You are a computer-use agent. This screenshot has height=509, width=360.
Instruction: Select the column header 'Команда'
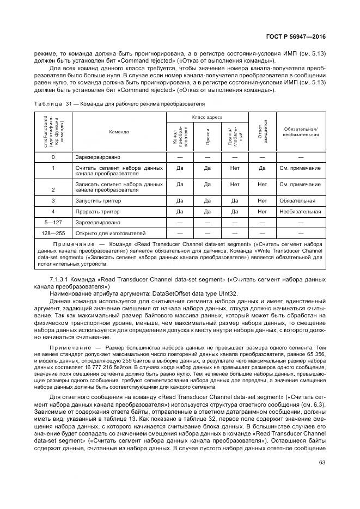tap(119, 131)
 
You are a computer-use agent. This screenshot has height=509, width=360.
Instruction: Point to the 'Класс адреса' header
tap(208, 118)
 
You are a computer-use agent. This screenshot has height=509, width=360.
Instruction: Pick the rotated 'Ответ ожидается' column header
tap(262, 131)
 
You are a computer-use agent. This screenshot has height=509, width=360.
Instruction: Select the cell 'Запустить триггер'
tap(96, 200)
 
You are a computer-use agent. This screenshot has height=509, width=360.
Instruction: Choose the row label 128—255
tap(53, 233)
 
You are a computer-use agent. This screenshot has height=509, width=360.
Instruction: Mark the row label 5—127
tap(53, 222)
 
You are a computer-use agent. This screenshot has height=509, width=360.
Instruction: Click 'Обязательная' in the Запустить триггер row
tap(297, 200)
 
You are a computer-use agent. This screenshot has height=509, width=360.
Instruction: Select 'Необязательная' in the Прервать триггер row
tap(300, 211)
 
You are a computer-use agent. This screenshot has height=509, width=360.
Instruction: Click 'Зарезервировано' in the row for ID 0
tap(97, 157)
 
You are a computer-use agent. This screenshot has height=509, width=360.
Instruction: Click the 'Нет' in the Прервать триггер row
tap(262, 211)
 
